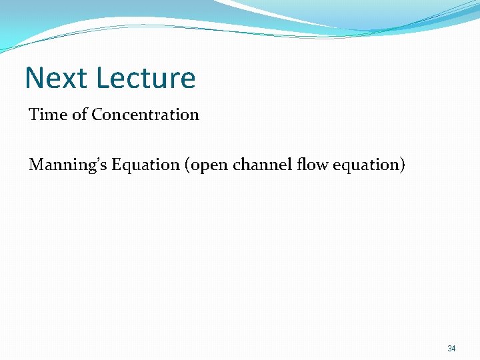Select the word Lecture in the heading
click(145, 78)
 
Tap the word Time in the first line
click(48, 115)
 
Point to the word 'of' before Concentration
click(79, 115)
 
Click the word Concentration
click(145, 115)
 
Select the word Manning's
click(68, 164)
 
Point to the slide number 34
click(451, 349)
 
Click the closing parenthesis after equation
click(402, 165)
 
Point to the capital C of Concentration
click(97, 115)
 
